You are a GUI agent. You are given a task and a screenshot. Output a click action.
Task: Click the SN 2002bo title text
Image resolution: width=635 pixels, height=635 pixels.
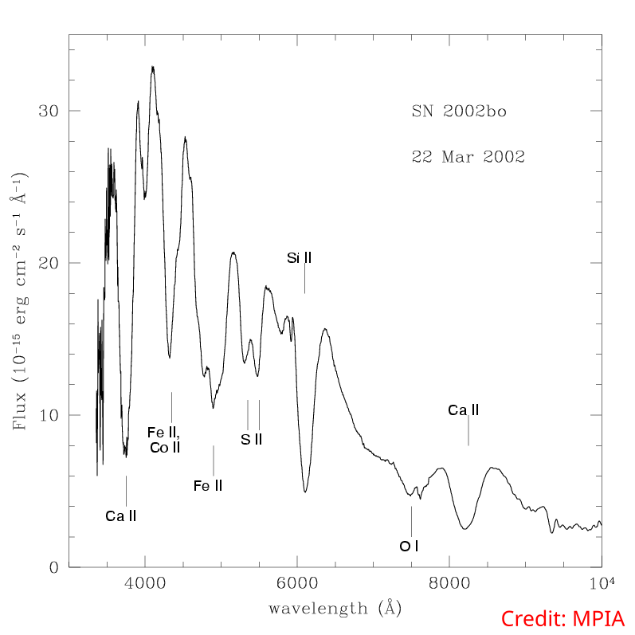[x=459, y=112]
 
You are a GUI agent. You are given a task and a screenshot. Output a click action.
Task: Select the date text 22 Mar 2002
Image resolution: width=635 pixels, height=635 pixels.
[x=468, y=156]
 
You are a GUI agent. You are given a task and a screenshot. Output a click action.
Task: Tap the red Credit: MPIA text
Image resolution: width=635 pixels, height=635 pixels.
[x=562, y=618]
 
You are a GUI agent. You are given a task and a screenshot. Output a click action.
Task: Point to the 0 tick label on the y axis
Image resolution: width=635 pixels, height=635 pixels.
[x=54, y=567]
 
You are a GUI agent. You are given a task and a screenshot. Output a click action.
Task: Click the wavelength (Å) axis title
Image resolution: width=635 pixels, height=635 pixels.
[x=335, y=609]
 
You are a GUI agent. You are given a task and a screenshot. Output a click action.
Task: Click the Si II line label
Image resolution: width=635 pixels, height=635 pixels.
[x=299, y=257]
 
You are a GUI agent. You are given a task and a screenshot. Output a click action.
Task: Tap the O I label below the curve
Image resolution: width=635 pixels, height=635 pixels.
[x=409, y=546]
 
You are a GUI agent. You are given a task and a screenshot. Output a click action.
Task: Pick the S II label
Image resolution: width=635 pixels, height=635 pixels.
[x=251, y=439]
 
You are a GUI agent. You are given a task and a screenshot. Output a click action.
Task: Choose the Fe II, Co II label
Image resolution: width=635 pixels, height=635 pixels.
[x=165, y=440]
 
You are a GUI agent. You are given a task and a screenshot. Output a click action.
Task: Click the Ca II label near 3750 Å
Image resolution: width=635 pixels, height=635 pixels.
[x=121, y=515]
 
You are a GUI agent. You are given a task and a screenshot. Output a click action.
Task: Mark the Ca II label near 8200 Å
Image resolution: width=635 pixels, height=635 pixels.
[x=464, y=410]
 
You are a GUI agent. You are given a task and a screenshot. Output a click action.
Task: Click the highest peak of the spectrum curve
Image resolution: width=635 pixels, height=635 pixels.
[x=153, y=69]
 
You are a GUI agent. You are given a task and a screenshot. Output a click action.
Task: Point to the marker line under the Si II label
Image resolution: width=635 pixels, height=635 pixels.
[x=304, y=280]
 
